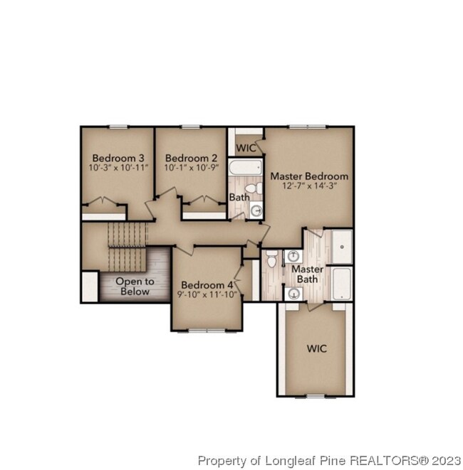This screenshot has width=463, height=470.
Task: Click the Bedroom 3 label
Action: pyautogui.click(x=118, y=158)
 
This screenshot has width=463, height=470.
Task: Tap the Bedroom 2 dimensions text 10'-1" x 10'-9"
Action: pyautogui.click(x=192, y=168)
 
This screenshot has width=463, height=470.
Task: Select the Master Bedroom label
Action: pyautogui.click(x=309, y=176)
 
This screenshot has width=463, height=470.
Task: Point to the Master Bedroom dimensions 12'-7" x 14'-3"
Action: pyautogui.click(x=309, y=186)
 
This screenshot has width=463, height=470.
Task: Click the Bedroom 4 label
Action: pyautogui.click(x=207, y=284)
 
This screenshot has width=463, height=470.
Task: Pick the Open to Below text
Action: pyautogui.click(x=135, y=287)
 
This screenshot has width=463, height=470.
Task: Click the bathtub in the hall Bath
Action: pyautogui.click(x=245, y=167)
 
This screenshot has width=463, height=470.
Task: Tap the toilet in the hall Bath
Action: pyautogui.click(x=254, y=188)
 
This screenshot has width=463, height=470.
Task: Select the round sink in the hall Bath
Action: pyautogui.click(x=256, y=210)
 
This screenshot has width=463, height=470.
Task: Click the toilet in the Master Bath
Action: pyautogui.click(x=271, y=259)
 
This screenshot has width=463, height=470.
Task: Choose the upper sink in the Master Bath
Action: pyautogui.click(x=293, y=256)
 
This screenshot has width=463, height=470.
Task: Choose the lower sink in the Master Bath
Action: pyautogui.click(x=293, y=294)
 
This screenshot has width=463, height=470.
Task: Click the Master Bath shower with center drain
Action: pyautogui.click(x=342, y=247)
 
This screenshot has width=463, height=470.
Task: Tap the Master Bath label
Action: pyautogui.click(x=308, y=274)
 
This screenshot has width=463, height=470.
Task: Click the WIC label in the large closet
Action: pyautogui.click(x=317, y=348)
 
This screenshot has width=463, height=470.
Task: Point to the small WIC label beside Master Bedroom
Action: pyautogui.click(x=246, y=148)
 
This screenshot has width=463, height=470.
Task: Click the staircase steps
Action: pyautogui.click(x=128, y=247)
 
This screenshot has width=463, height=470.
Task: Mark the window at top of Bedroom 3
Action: pyautogui.click(x=118, y=127)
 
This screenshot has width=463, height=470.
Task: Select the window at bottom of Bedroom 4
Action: pyautogui.click(x=207, y=331)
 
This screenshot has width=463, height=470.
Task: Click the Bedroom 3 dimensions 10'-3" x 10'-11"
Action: pyautogui.click(x=119, y=168)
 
